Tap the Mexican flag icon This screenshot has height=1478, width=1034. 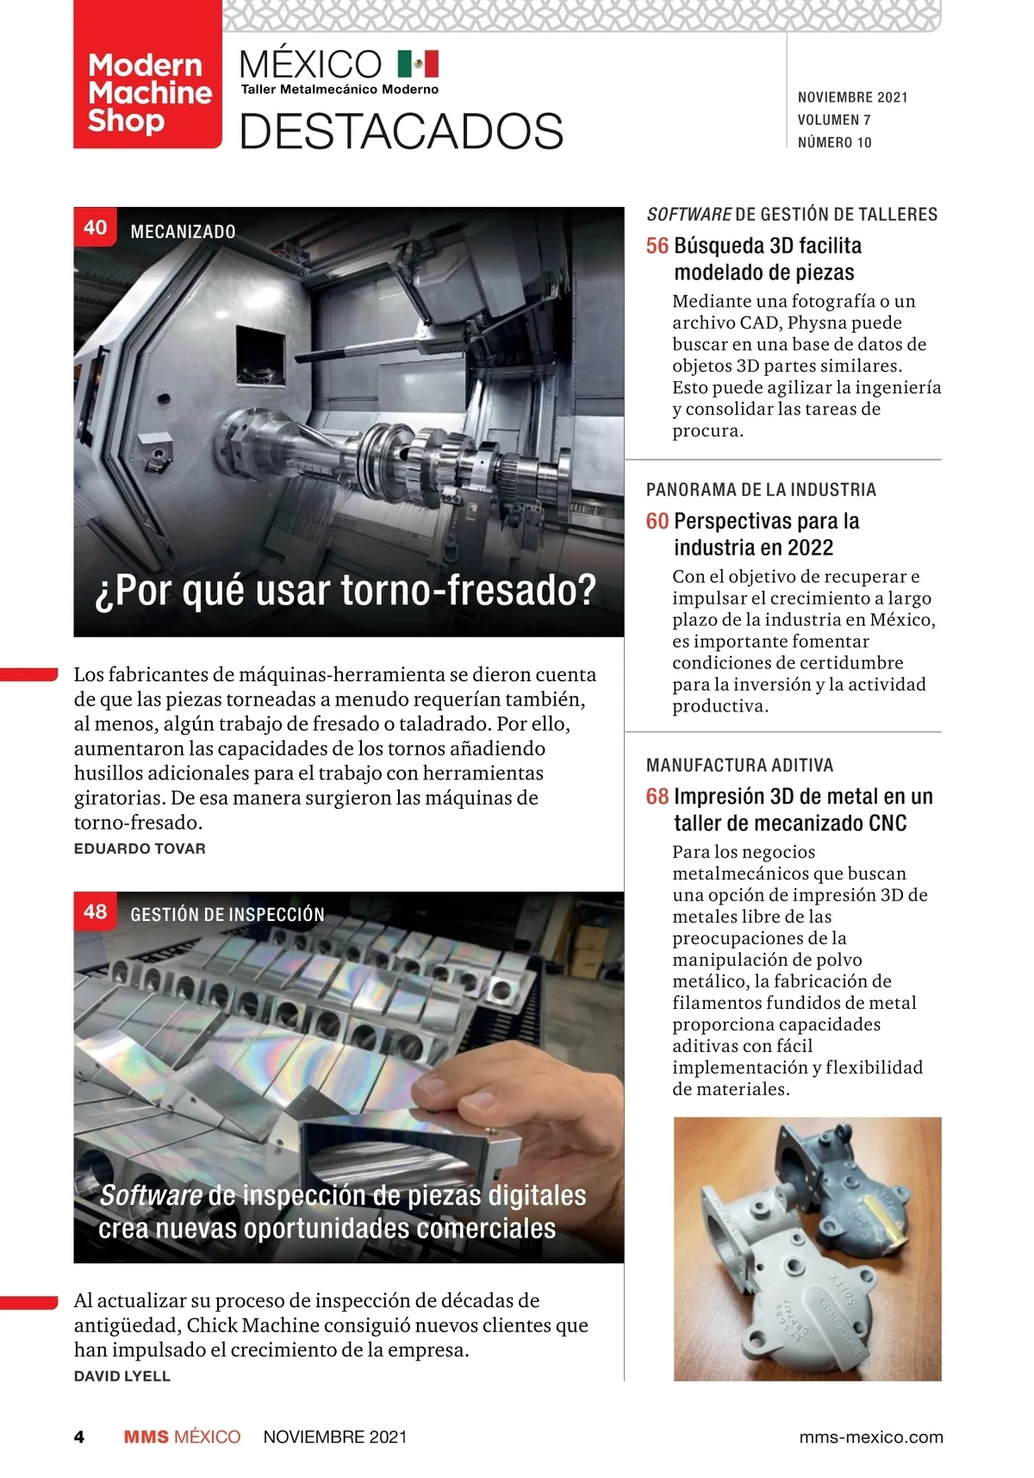tap(418, 64)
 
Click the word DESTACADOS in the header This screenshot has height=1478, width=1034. tap(401, 132)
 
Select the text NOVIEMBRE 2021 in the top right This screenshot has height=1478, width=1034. tap(852, 97)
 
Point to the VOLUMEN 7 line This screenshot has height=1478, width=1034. tap(833, 120)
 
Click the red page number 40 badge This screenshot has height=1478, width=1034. tap(95, 228)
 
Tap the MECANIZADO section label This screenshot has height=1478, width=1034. tap(183, 231)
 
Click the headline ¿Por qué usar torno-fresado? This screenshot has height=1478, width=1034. tap(346, 591)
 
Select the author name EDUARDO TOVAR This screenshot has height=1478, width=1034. tap(140, 849)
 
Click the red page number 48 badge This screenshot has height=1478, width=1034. tap(95, 911)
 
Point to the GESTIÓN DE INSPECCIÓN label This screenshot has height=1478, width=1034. tap(227, 914)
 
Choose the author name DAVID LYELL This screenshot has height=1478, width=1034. tap(122, 1376)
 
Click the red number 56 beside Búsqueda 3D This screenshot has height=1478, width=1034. tap(657, 246)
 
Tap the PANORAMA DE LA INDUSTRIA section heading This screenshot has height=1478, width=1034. tap(761, 490)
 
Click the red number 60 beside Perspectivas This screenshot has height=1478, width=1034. tap(657, 521)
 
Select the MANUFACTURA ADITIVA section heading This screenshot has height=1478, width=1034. tap(739, 765)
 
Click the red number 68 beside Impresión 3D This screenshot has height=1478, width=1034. tap(657, 796)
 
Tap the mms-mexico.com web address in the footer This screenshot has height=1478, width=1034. tap(870, 1437)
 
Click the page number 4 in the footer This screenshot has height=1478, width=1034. tap(79, 1437)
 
